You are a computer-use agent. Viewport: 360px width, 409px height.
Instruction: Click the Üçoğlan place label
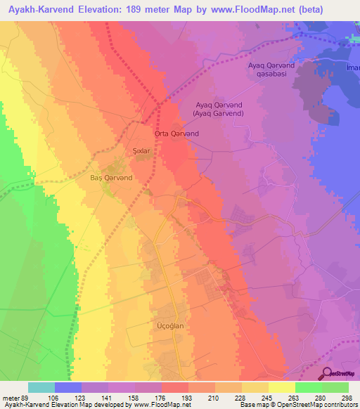(169, 327)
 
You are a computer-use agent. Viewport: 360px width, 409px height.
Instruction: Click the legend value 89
(27, 398)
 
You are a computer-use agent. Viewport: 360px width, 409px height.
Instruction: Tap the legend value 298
(347, 398)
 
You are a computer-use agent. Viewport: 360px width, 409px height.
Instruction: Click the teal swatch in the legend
(41, 387)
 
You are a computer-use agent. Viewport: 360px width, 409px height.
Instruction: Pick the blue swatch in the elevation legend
(68, 387)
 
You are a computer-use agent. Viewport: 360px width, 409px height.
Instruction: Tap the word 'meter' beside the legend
(10, 398)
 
